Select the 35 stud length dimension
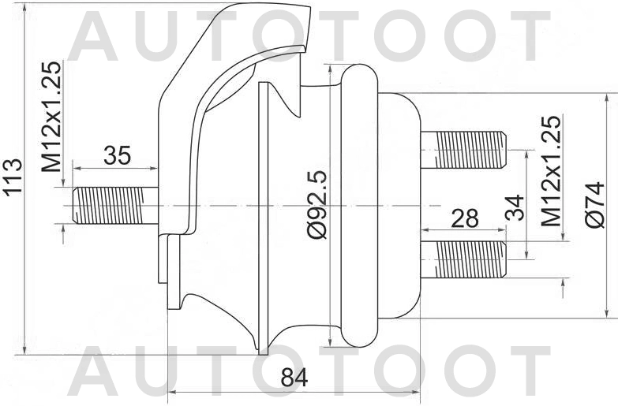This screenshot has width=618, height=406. pyautogui.click(x=117, y=155)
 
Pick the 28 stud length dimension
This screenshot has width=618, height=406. pyautogui.click(x=463, y=218)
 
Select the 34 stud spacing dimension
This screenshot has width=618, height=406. pyautogui.click(x=515, y=207)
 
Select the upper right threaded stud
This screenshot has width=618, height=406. pyautogui.click(x=463, y=150)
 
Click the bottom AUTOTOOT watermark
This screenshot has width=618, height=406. pyautogui.click(x=308, y=371)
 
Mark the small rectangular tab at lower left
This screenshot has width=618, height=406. pyautogui.click(x=163, y=259)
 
